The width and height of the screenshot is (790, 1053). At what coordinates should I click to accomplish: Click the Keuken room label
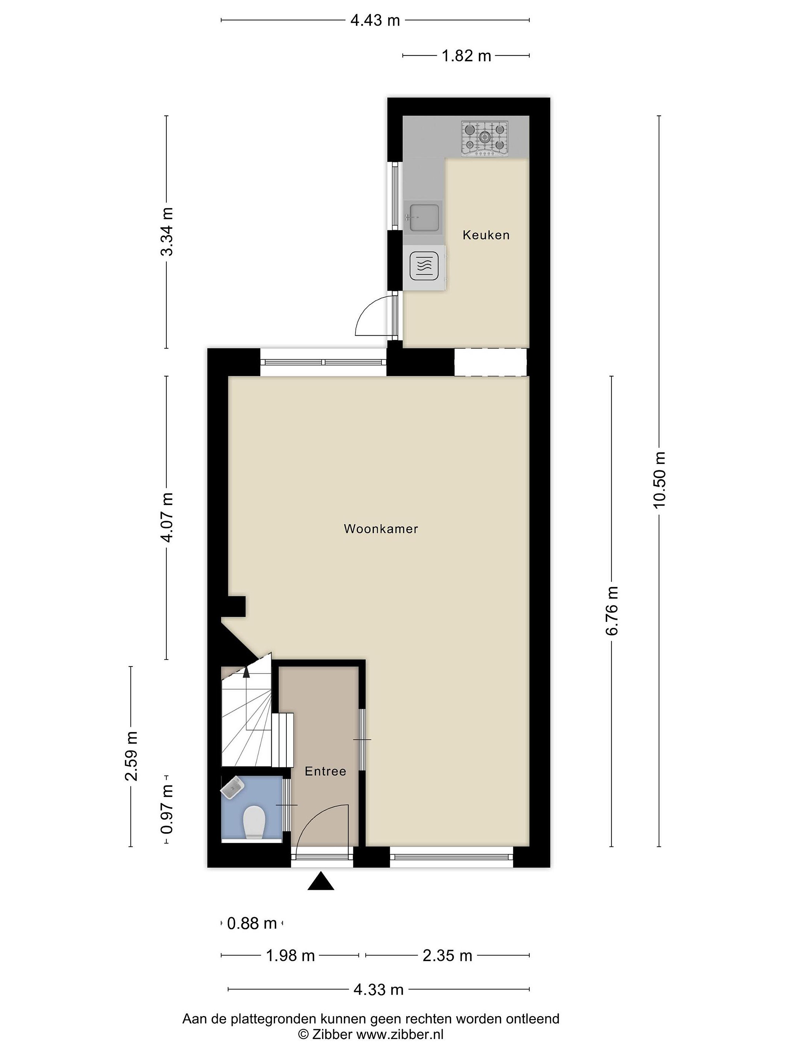486,235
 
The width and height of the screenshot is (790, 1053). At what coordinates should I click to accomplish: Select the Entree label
325,771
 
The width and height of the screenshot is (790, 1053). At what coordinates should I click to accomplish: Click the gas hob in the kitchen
485,139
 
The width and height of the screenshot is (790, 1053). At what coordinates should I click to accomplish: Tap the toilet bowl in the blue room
254,823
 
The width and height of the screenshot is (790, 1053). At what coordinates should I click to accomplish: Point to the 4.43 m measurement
375,20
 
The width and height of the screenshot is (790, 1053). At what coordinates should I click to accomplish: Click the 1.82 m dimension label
466,56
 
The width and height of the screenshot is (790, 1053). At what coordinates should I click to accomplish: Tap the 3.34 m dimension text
167,232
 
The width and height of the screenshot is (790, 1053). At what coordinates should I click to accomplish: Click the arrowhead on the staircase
246,671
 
